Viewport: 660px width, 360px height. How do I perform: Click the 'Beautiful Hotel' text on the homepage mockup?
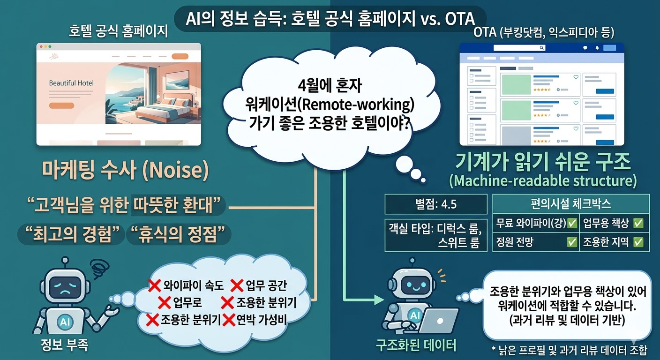[x=71, y=83]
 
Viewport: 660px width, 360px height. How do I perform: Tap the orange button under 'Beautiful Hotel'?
[x=61, y=105]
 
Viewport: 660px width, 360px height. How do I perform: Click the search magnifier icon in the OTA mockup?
[x=541, y=48]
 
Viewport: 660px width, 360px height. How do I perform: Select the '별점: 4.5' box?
[x=436, y=204]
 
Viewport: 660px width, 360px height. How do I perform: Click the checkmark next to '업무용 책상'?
[x=638, y=223]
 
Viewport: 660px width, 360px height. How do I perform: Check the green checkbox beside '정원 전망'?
[x=572, y=242]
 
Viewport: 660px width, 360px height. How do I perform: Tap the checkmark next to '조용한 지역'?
[x=638, y=242]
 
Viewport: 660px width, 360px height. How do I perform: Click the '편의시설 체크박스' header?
[x=571, y=204]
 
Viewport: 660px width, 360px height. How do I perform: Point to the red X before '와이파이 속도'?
[x=154, y=285]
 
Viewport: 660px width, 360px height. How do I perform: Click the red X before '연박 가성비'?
[x=229, y=320]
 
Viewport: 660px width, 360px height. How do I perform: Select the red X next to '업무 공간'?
[x=237, y=285]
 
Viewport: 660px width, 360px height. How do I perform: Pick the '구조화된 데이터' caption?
[x=416, y=345]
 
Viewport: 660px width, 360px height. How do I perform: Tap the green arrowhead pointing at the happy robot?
[x=379, y=300]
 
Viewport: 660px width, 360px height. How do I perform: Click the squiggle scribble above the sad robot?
[x=100, y=269]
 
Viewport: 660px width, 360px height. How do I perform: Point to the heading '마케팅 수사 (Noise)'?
[x=126, y=170]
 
